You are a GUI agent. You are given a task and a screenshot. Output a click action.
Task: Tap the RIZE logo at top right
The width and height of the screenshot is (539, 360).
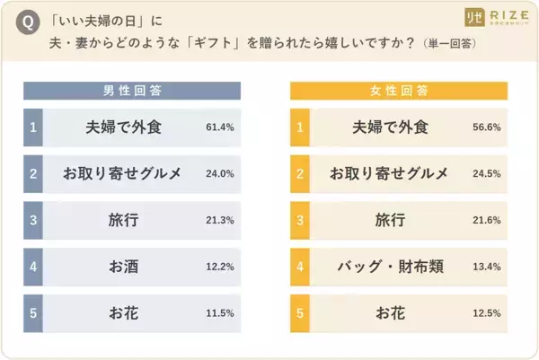click(x=499, y=18)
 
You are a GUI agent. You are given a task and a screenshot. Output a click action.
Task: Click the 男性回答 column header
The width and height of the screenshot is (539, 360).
click(x=133, y=91)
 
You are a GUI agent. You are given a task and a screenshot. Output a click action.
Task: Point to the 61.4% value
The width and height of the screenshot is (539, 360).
click(x=219, y=127)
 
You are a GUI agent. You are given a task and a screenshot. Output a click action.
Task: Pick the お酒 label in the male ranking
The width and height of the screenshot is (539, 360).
click(x=123, y=266)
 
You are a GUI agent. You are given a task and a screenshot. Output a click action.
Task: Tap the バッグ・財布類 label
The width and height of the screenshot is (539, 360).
click(x=392, y=266)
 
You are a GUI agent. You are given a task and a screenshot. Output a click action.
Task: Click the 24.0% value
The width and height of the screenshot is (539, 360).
click(x=219, y=173)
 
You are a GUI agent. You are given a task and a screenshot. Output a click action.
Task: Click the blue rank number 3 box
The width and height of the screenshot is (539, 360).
click(x=32, y=220)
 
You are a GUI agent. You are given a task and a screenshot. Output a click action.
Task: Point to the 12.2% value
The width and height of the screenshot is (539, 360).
click(x=219, y=266)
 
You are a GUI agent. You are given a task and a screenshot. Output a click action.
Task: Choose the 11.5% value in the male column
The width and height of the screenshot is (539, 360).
click(x=219, y=312)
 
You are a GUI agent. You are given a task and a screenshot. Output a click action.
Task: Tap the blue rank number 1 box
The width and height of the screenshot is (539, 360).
click(x=32, y=127)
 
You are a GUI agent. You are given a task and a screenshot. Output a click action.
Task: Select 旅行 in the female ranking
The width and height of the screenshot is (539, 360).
click(x=392, y=220)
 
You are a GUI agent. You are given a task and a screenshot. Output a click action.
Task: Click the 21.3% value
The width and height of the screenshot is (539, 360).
click(x=219, y=220)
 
